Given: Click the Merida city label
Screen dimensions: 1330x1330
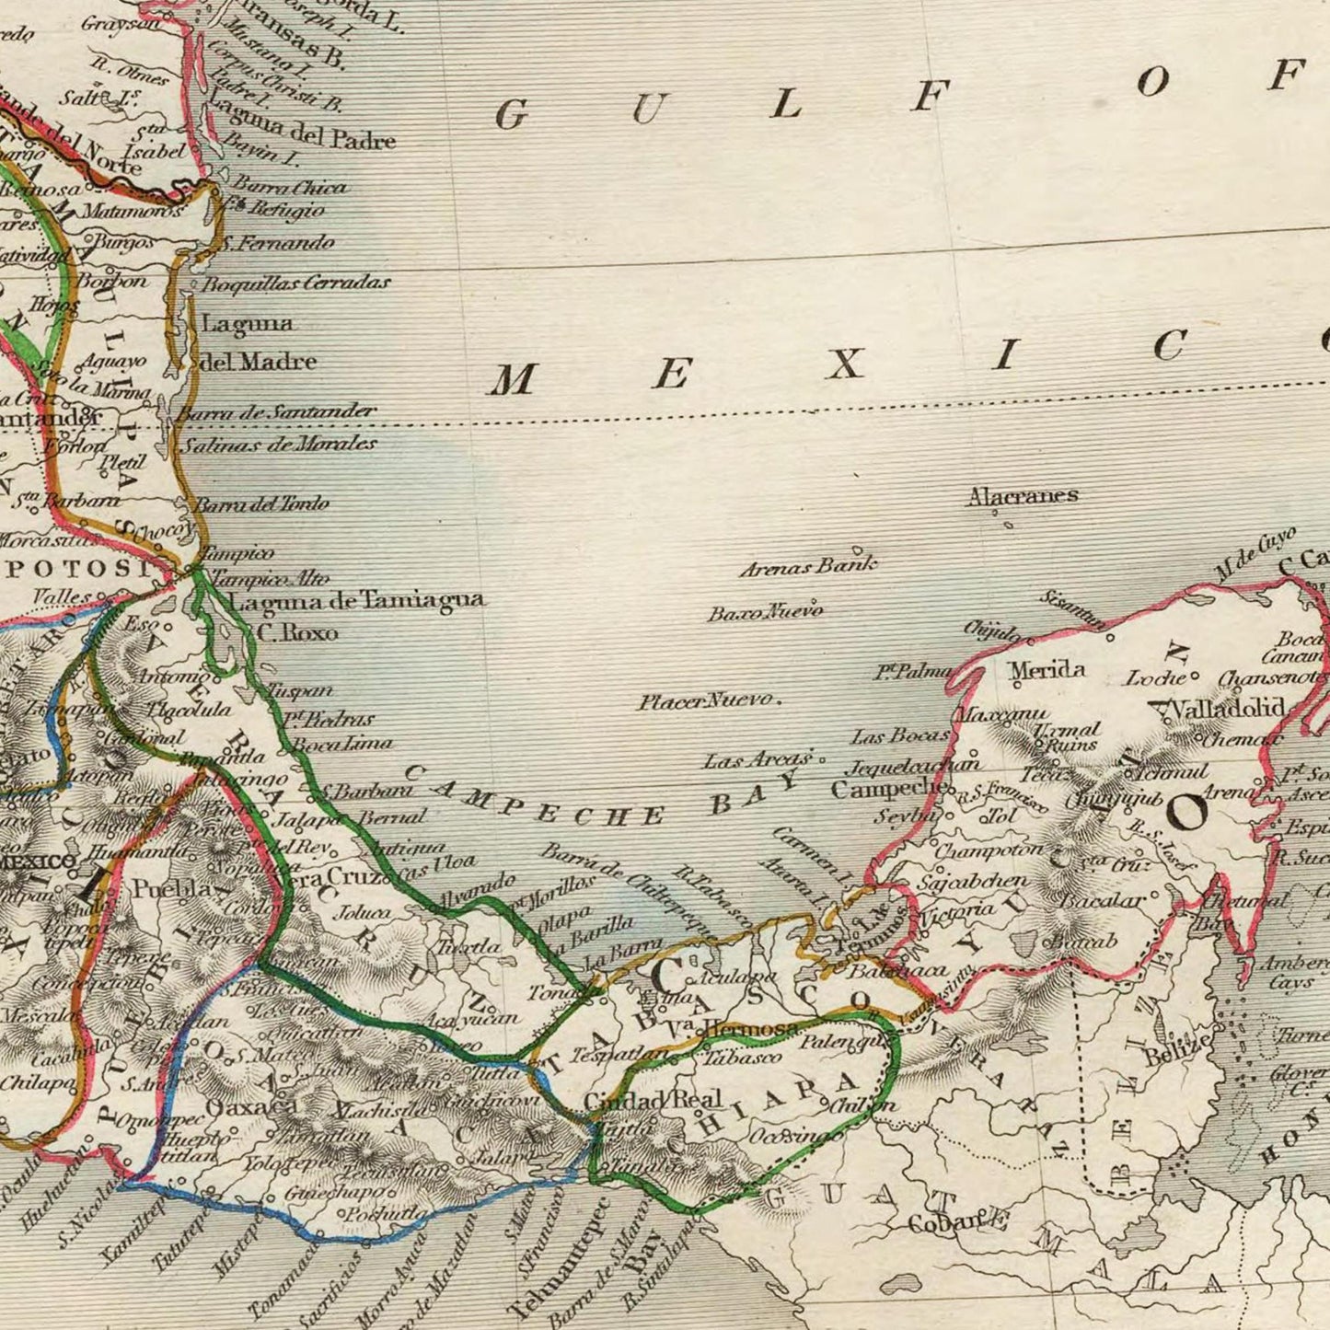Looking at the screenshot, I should tap(1047, 670).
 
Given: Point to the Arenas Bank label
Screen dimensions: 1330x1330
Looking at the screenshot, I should tap(808, 566).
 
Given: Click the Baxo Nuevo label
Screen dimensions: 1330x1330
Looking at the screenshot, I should tap(765, 611).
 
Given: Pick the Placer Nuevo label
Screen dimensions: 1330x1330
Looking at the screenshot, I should tap(707, 701).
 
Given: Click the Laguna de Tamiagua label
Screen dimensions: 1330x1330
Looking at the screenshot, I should tap(356, 601).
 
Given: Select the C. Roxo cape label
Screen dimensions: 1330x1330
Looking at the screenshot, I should tap(297, 633).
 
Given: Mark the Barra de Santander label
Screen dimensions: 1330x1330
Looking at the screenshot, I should tap(276, 412).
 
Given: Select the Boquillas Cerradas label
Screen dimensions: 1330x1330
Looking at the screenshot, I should tap(295, 283).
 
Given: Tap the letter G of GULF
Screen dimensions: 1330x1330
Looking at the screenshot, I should tap(511, 117).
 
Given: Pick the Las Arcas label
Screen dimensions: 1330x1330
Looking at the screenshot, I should tap(758, 760).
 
